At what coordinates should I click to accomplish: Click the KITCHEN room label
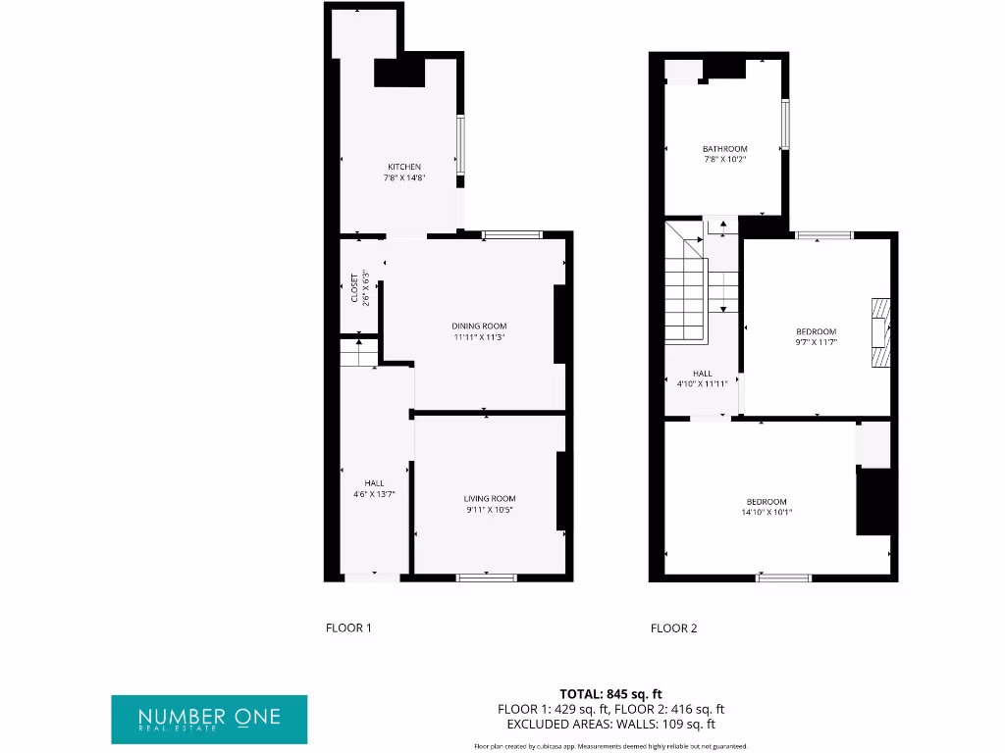(403, 167)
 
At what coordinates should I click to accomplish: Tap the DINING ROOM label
(479, 326)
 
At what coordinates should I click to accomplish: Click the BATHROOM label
(724, 149)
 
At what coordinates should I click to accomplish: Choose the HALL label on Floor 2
(703, 374)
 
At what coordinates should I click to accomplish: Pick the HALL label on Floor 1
(374, 483)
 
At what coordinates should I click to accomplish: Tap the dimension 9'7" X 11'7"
(816, 343)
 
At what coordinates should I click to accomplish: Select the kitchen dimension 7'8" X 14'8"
(403, 178)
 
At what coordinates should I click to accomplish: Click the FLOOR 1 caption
(348, 628)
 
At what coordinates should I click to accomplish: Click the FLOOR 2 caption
(673, 628)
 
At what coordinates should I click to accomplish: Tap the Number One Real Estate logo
(209, 719)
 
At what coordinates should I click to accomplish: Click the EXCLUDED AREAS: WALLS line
(610, 725)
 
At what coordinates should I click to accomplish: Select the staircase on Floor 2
(687, 284)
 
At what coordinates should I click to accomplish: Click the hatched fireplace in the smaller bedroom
(880, 332)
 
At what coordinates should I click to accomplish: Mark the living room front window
(487, 577)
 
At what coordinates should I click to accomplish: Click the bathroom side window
(784, 125)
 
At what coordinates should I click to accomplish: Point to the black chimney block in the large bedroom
(874, 501)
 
